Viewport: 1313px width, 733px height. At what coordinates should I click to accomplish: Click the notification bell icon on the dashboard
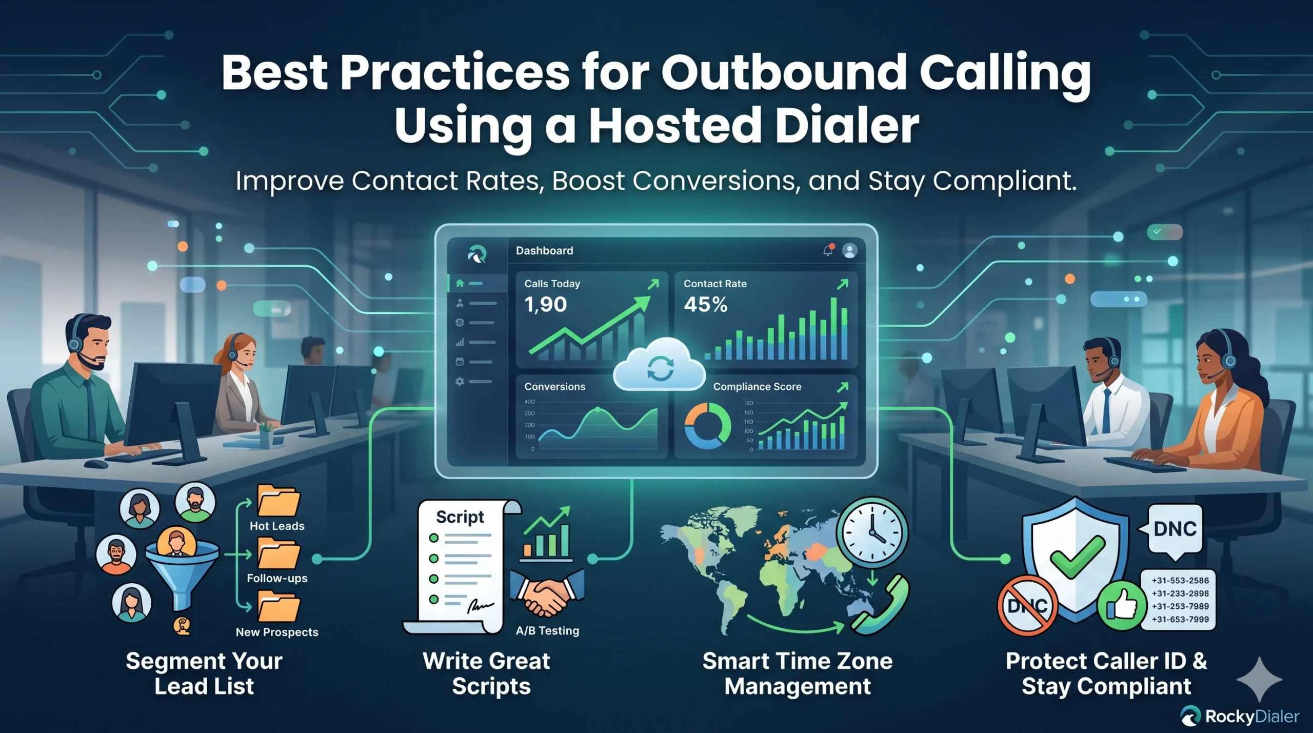pyautogui.click(x=828, y=251)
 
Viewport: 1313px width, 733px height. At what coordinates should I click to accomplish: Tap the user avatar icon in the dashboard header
pyautogui.click(x=850, y=251)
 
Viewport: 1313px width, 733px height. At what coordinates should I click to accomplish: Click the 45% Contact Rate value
pyautogui.click(x=705, y=305)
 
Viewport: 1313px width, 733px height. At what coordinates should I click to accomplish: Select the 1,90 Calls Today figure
pyautogui.click(x=545, y=305)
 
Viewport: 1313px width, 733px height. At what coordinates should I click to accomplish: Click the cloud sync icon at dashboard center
pyautogui.click(x=660, y=366)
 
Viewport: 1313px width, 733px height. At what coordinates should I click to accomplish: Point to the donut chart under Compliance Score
pyautogui.click(x=708, y=426)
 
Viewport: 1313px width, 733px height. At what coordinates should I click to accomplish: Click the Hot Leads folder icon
pyautogui.click(x=278, y=501)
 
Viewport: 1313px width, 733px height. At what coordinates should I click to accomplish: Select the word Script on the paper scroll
pyautogui.click(x=460, y=517)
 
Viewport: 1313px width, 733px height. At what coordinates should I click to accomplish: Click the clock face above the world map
pyautogui.click(x=872, y=532)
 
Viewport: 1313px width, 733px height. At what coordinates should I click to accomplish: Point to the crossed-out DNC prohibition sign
pyautogui.click(x=1027, y=605)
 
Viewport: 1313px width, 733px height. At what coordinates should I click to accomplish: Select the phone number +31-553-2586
pyautogui.click(x=1180, y=581)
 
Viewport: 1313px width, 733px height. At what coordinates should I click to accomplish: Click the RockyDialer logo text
pyautogui.click(x=1252, y=717)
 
